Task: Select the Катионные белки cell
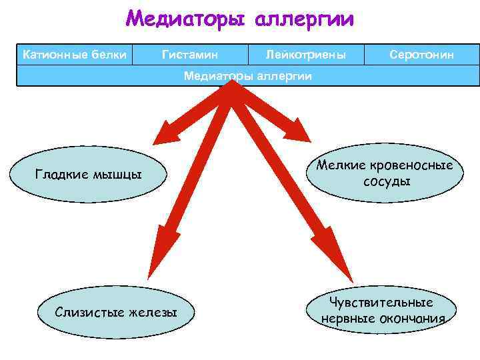[75, 54]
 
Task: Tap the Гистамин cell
[190, 54]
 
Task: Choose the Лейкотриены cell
[305, 54]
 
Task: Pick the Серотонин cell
[422, 54]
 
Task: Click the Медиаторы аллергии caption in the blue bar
[247, 76]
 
